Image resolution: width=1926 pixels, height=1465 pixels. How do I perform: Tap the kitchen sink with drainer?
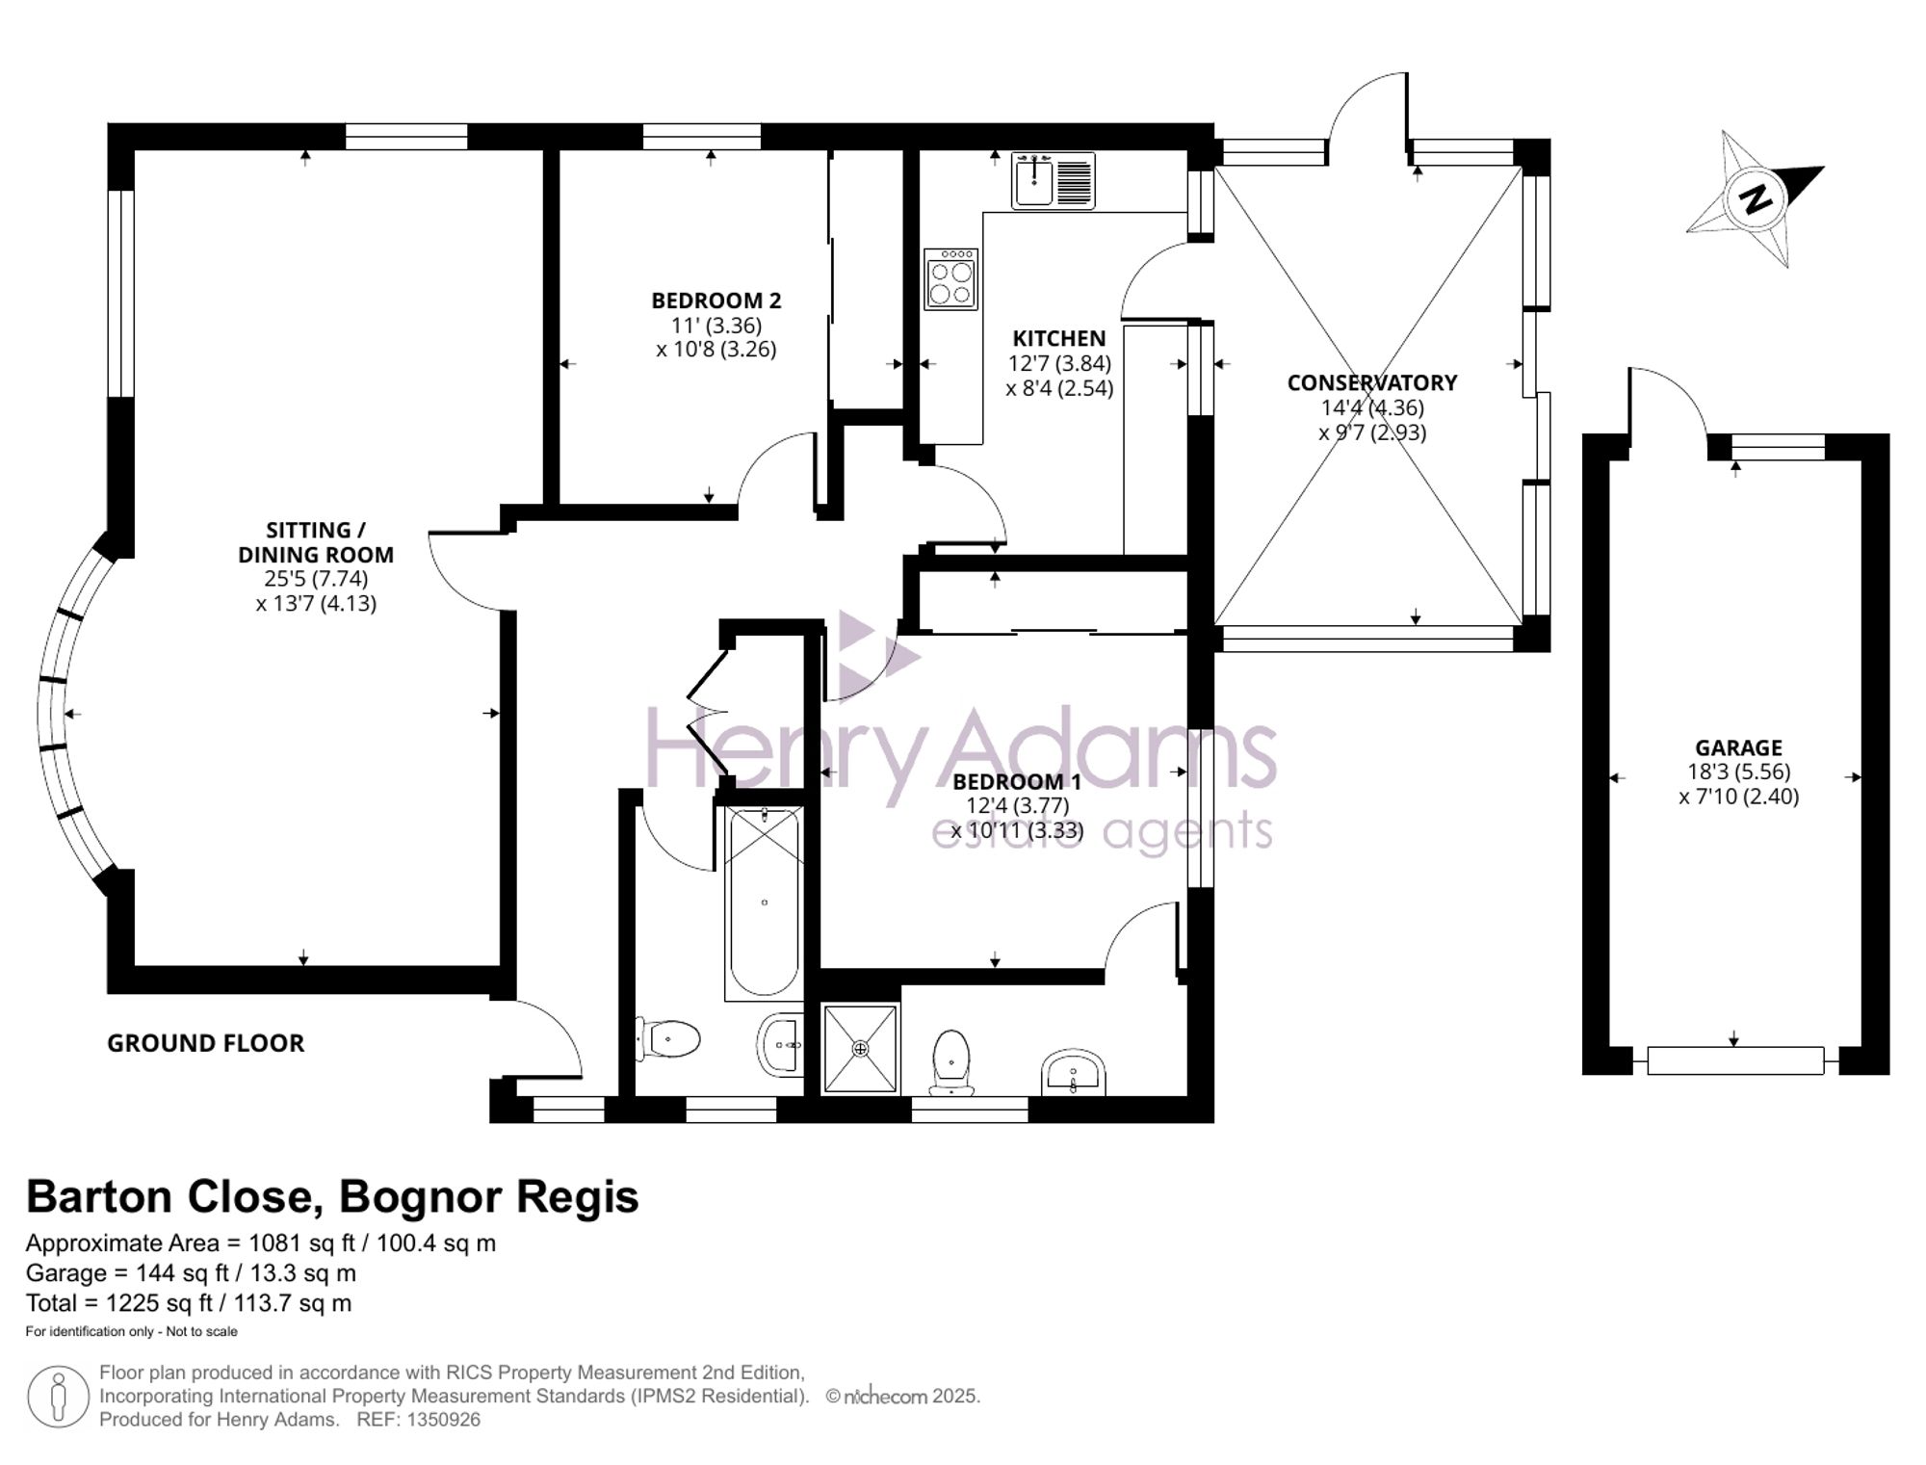(1053, 181)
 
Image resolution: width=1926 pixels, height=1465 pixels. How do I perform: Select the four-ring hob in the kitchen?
(950, 279)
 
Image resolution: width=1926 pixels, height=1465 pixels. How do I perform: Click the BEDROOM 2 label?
(716, 301)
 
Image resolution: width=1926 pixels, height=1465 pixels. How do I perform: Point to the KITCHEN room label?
(1058, 339)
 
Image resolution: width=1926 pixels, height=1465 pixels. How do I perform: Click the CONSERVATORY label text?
(1371, 382)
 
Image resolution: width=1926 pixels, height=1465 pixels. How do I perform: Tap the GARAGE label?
(1738, 747)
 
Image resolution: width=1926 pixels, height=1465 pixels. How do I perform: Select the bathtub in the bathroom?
(764, 903)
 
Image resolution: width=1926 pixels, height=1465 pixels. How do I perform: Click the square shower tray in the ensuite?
(860, 1048)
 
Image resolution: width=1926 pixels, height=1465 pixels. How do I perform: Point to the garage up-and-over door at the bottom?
(1735, 1060)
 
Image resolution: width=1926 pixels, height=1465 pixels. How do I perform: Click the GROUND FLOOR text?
(205, 1043)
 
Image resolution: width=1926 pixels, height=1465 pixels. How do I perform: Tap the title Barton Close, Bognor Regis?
(332, 1197)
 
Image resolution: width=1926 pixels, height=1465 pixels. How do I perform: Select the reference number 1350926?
(443, 1420)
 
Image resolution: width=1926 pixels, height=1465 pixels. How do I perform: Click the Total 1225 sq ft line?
(189, 1303)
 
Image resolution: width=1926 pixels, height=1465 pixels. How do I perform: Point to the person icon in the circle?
(59, 1397)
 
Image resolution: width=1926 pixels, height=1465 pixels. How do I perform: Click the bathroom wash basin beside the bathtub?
(781, 1044)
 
